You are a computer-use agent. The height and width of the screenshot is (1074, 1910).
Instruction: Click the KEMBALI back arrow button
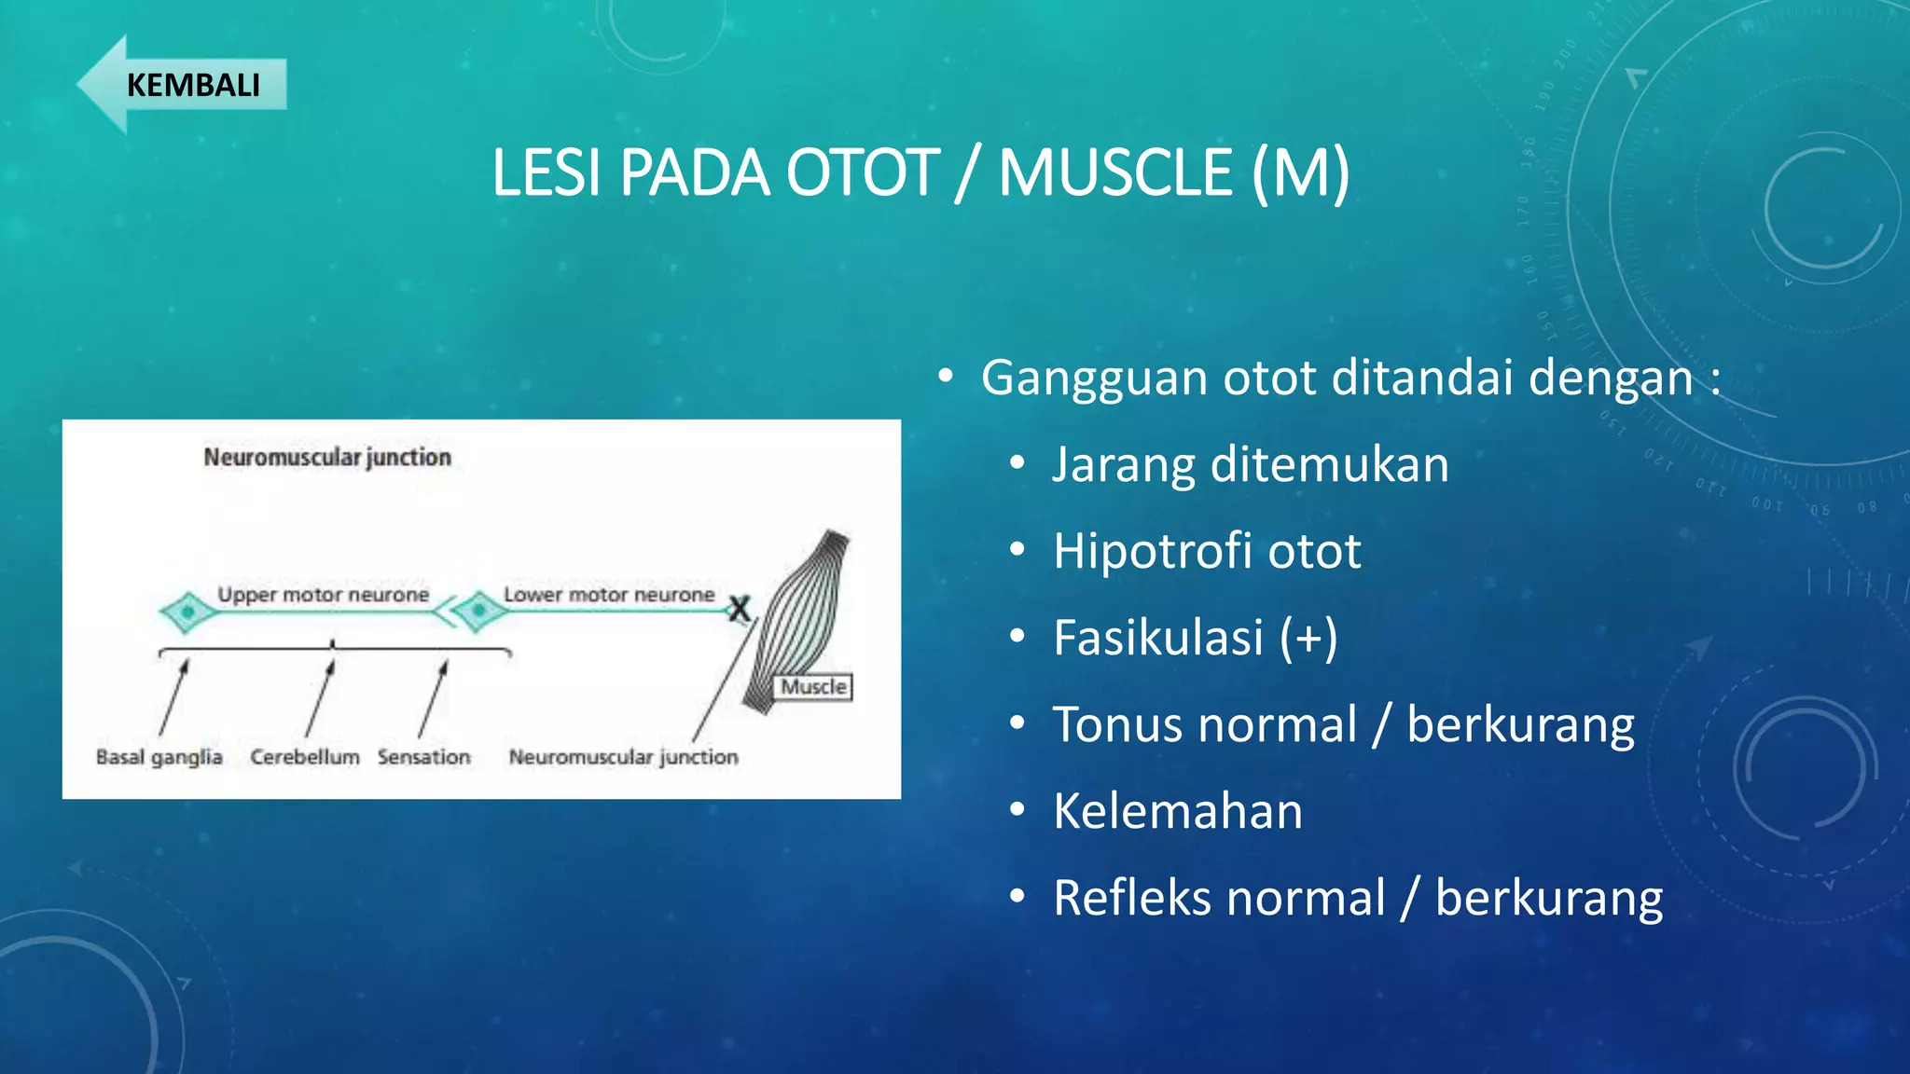[182, 85]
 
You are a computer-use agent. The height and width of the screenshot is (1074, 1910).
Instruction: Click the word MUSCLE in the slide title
[1115, 173]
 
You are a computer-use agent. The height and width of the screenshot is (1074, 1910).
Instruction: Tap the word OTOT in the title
[863, 173]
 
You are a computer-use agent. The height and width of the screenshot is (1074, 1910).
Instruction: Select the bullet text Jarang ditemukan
[1250, 464]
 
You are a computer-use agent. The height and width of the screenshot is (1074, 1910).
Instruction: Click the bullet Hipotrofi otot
[1206, 551]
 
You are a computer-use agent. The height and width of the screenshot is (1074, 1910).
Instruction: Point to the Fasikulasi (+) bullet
[1195, 638]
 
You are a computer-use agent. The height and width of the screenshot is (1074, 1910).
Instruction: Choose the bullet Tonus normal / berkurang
[1343, 724]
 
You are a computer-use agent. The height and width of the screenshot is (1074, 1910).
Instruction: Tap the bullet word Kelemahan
[1177, 811]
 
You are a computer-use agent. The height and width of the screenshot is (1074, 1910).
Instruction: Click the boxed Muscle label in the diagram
[813, 687]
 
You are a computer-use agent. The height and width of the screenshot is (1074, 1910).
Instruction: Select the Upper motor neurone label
[323, 595]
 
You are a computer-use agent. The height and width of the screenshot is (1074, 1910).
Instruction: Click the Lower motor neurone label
[609, 595]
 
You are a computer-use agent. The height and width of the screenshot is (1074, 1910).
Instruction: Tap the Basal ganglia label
[159, 757]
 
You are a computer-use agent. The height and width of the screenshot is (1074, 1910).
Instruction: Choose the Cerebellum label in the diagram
[304, 757]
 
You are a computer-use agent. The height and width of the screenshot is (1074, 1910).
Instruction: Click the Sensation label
[423, 757]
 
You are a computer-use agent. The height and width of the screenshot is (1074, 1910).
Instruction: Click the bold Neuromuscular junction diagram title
[327, 458]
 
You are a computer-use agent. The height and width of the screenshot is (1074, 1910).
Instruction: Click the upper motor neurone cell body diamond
[187, 613]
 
